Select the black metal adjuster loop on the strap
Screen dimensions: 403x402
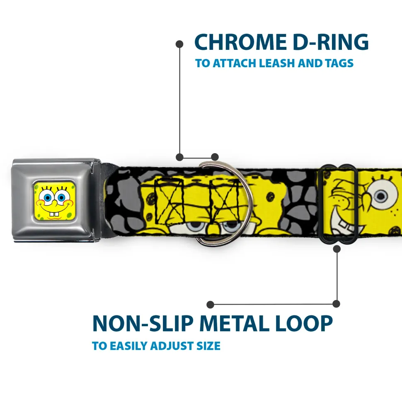tap(339, 203)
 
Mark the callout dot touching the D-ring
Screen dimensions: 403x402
tap(215, 157)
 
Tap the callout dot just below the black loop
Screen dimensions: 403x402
tap(337, 249)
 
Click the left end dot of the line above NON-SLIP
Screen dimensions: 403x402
tap(211, 305)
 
